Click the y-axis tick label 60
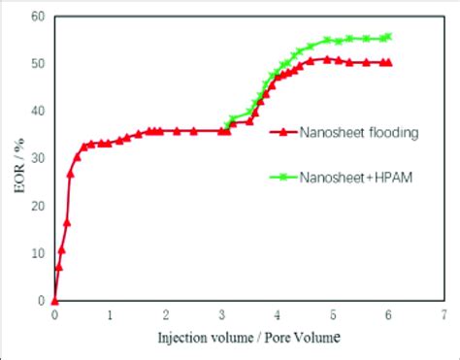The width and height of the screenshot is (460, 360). coord(38,16)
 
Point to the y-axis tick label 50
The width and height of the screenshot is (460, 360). coord(38,64)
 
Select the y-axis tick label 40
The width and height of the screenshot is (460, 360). coord(38,112)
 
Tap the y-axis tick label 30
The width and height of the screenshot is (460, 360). coord(38,159)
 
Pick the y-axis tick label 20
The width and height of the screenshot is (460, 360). coord(38,207)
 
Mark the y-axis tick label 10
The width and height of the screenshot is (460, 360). coord(38,254)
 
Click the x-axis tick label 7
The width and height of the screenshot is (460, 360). coord(444,315)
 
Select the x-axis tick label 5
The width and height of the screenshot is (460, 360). coord(332,315)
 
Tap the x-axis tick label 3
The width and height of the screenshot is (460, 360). coord(221,315)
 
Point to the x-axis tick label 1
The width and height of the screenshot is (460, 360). coord(110,315)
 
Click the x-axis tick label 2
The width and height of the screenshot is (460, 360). coord(166,315)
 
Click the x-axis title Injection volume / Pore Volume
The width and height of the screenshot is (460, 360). coord(248,338)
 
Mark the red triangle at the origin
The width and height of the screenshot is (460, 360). coord(54,301)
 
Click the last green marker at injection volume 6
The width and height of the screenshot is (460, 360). coord(388,37)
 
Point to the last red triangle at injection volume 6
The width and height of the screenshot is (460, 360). coord(388,62)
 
